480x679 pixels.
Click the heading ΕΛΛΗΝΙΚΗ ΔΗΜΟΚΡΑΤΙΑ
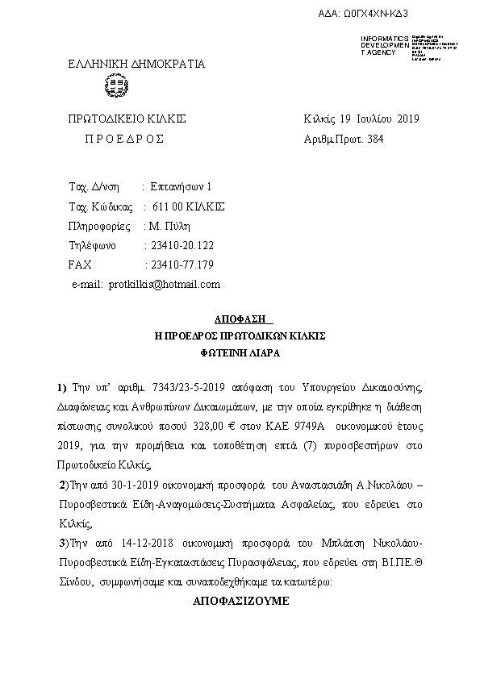136,64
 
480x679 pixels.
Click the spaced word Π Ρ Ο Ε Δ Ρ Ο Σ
124,139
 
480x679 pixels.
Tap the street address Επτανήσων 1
182,186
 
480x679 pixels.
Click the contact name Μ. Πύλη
169,226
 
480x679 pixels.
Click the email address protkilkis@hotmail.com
165,284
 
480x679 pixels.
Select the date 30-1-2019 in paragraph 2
131,485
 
